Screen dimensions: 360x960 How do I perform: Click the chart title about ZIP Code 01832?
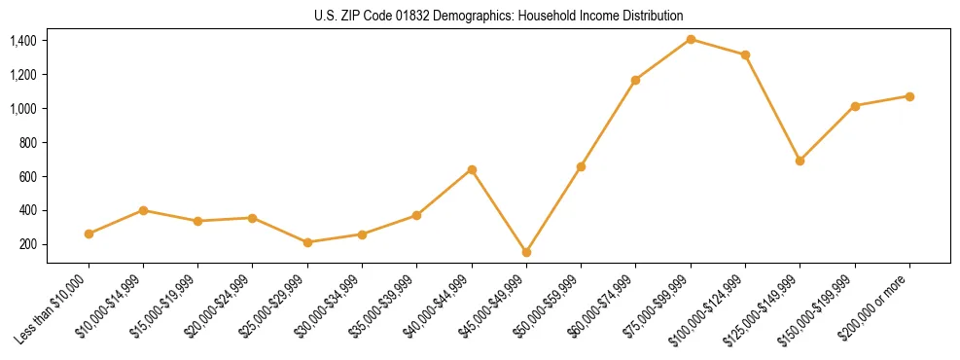click(x=499, y=16)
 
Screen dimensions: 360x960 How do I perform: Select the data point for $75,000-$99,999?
click(x=691, y=39)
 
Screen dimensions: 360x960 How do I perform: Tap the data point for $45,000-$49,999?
click(x=526, y=252)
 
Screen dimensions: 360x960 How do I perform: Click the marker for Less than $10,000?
click(x=89, y=234)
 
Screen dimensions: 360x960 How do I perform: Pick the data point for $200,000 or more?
click(x=909, y=96)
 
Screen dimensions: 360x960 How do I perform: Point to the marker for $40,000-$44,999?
click(x=472, y=169)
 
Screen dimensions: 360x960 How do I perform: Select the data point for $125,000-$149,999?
click(x=800, y=161)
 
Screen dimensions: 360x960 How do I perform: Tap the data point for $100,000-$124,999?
click(x=745, y=54)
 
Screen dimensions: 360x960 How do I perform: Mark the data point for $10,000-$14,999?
click(x=143, y=210)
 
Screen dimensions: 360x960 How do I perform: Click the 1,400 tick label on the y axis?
click(x=23, y=41)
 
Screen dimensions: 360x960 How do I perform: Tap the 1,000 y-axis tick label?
click(x=23, y=109)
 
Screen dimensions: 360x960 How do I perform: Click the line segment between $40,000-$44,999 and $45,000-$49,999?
click(x=499, y=211)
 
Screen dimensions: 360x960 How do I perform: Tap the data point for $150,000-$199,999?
click(x=855, y=106)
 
